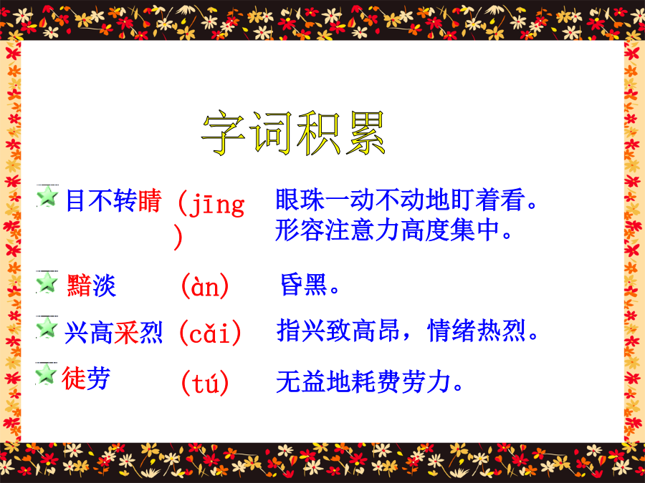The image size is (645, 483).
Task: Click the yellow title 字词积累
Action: (293, 133)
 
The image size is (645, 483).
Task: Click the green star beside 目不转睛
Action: (47, 196)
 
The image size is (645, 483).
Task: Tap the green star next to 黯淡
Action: (47, 282)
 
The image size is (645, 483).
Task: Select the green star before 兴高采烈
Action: (47, 327)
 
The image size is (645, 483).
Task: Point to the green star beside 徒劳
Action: (46, 374)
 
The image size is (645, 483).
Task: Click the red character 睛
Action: (150, 201)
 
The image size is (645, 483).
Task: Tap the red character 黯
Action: (79, 286)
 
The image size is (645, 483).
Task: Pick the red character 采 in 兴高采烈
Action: (126, 333)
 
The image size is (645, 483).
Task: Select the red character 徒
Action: (74, 378)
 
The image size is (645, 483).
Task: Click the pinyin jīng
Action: (216, 204)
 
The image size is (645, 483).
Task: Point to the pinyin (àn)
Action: (205, 286)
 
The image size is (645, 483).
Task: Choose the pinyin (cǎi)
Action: (210, 333)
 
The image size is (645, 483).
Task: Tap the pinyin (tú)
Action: (205, 383)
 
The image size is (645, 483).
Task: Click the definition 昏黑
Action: (310, 285)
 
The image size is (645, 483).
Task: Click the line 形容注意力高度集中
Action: (393, 230)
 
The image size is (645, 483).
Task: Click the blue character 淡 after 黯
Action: (104, 286)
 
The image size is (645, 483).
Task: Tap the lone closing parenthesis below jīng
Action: (178, 237)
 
